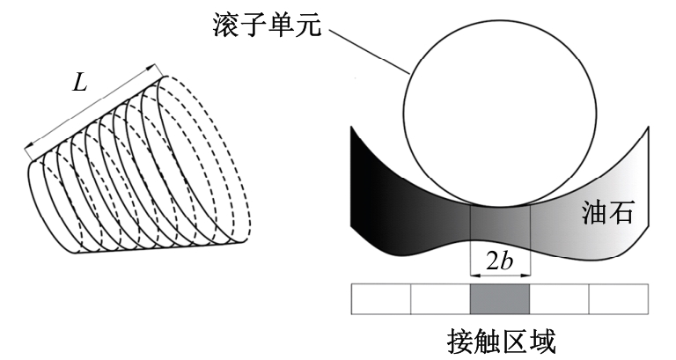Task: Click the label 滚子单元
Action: click(x=268, y=25)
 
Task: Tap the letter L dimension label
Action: click(x=80, y=83)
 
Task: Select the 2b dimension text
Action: click(x=500, y=261)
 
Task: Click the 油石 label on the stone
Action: click(x=608, y=212)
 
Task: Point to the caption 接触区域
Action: click(x=501, y=342)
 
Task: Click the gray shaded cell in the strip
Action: click(x=500, y=298)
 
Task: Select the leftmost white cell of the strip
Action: click(x=381, y=298)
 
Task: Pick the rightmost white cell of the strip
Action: click(x=619, y=298)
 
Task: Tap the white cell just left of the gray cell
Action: click(x=440, y=298)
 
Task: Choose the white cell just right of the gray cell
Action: click(x=559, y=298)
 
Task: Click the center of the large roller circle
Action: click(x=500, y=110)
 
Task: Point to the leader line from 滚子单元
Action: click(x=368, y=51)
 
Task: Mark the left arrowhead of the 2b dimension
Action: click(x=474, y=275)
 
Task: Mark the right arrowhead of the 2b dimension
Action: click(x=526, y=275)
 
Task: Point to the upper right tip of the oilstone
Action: click(x=648, y=127)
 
